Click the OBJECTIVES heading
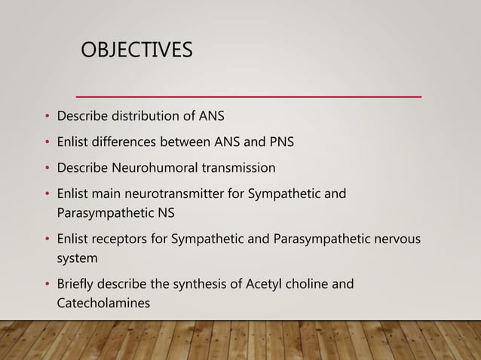[x=136, y=50]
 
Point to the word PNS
[x=290, y=142]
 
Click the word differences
[x=132, y=142]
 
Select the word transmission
[x=235, y=167]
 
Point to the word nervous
[x=397, y=239]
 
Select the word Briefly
[x=78, y=284]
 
